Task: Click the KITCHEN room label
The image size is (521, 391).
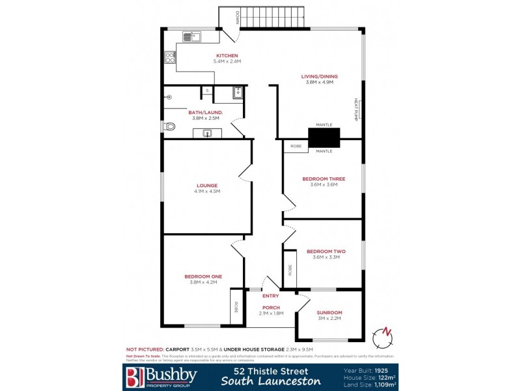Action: pyautogui.click(x=227, y=55)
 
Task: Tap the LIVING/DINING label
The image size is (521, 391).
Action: pyautogui.click(x=319, y=76)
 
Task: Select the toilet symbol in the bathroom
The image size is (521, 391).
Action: pyautogui.click(x=169, y=126)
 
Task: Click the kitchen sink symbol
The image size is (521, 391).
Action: pyautogui.click(x=192, y=36)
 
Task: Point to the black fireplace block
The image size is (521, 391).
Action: pyautogui.click(x=324, y=138)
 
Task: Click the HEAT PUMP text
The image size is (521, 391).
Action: pyautogui.click(x=356, y=109)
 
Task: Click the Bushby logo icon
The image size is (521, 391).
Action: pyautogui.click(x=134, y=376)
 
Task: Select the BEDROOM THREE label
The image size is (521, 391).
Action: pyautogui.click(x=324, y=179)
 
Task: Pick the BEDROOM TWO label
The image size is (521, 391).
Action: pyautogui.click(x=326, y=251)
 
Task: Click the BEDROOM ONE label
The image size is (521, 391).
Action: pyautogui.click(x=203, y=276)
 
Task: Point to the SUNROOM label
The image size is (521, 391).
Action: pyautogui.click(x=329, y=313)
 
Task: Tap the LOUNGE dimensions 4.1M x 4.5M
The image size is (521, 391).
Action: pyautogui.click(x=207, y=192)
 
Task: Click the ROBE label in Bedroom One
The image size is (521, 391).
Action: pyautogui.click(x=236, y=307)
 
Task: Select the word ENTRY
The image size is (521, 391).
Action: pyautogui.click(x=270, y=296)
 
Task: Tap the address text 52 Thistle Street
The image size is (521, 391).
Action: pyautogui.click(x=270, y=371)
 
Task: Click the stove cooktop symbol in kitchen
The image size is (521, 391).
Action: pyautogui.click(x=170, y=57)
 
